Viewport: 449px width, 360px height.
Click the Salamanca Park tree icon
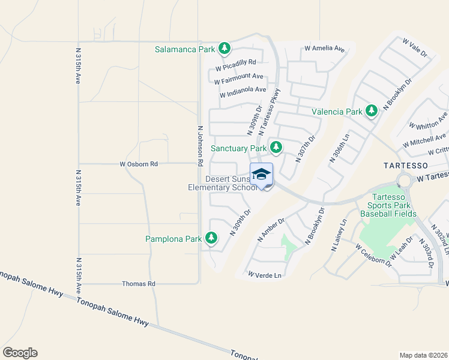(224, 48)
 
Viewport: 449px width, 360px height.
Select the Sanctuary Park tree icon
(276, 147)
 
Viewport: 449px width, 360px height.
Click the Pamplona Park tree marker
(211, 238)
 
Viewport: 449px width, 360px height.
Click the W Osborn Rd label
(138, 164)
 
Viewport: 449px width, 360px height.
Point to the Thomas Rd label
(139, 283)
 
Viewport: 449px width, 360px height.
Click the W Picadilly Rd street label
(236, 62)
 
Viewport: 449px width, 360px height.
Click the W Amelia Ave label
(325, 48)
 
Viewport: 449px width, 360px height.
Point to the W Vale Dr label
(415, 49)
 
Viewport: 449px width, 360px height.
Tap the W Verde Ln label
(265, 274)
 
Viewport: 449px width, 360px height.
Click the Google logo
(20, 353)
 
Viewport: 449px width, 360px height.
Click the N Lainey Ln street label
(338, 235)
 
